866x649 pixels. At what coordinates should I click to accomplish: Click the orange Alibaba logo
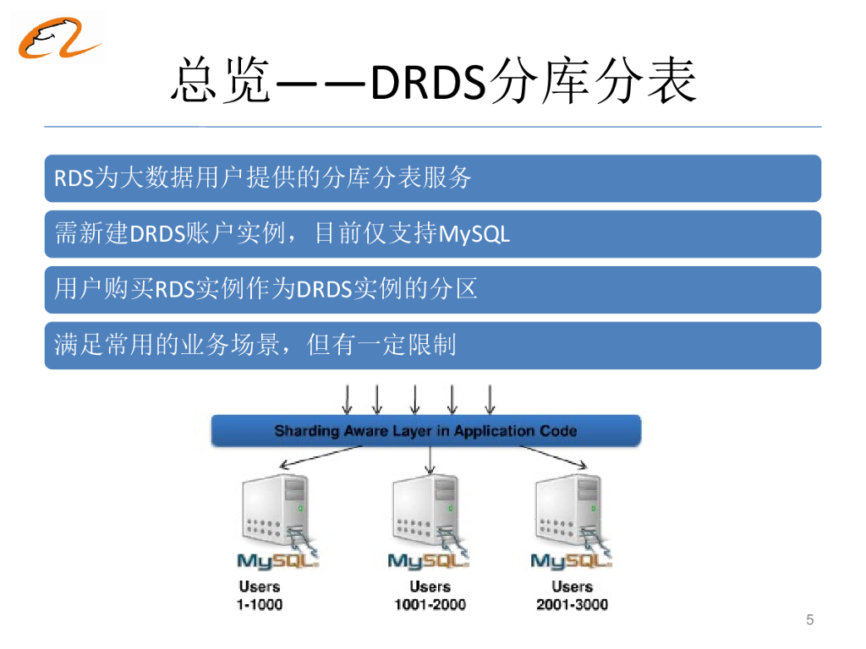tap(58, 37)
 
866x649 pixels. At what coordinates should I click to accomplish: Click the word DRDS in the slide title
tap(428, 82)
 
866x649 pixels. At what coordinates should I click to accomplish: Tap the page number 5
tap(809, 619)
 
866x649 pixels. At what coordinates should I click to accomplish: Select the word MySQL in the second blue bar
tap(474, 235)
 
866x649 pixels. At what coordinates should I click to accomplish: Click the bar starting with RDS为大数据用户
tap(432, 178)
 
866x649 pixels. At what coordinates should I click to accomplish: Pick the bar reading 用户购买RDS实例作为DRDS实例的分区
tap(432, 290)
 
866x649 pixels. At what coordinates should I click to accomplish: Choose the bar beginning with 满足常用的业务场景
tap(432, 346)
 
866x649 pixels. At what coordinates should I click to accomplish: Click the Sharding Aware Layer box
tap(426, 430)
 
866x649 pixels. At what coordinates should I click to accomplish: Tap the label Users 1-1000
tap(260, 596)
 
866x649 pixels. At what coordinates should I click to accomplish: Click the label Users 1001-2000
tap(430, 596)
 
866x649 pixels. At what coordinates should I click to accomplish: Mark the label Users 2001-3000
tap(573, 596)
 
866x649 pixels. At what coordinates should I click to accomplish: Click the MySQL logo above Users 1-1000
tap(277, 560)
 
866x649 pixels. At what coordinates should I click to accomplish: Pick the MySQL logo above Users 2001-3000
tap(571, 560)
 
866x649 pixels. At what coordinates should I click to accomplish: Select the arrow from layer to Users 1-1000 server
tap(321, 457)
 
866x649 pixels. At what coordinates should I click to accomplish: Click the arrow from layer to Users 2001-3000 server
tap(553, 457)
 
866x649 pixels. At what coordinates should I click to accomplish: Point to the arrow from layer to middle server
tap(430, 460)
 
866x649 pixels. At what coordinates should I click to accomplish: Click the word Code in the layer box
tap(558, 430)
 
